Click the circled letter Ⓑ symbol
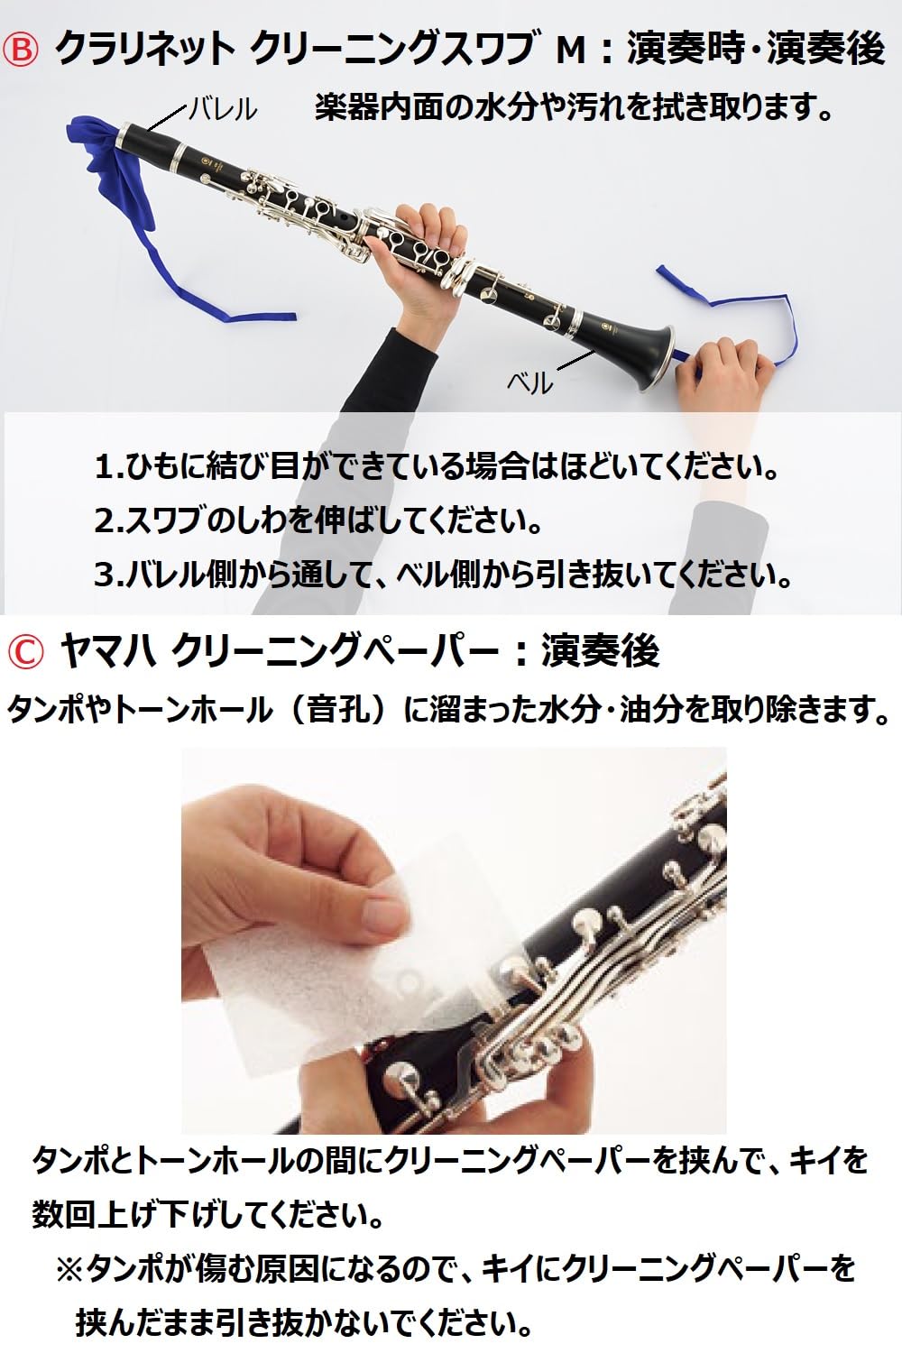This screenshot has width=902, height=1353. tap(23, 50)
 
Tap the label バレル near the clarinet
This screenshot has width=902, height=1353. tap(223, 109)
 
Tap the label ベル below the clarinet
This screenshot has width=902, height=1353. tap(529, 383)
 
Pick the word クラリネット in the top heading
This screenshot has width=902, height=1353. tap(144, 50)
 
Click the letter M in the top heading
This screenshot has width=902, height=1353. tap(573, 51)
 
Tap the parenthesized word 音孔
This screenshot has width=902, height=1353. tap(340, 710)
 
